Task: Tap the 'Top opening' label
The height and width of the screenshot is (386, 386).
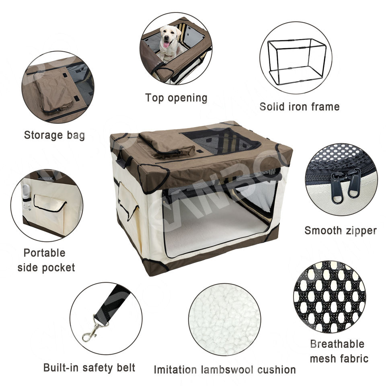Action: [x=176, y=98]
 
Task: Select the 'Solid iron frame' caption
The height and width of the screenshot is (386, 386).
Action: [x=299, y=107]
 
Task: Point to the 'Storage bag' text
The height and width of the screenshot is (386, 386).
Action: [x=54, y=136]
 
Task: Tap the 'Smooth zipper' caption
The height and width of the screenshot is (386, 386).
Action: [x=341, y=231]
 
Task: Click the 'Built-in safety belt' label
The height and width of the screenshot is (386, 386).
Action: [x=89, y=368]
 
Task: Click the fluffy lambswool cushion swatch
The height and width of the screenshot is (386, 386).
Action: [x=225, y=319]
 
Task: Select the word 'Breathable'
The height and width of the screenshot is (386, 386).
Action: [x=337, y=344]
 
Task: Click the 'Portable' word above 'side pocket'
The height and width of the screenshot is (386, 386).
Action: [x=45, y=253]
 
